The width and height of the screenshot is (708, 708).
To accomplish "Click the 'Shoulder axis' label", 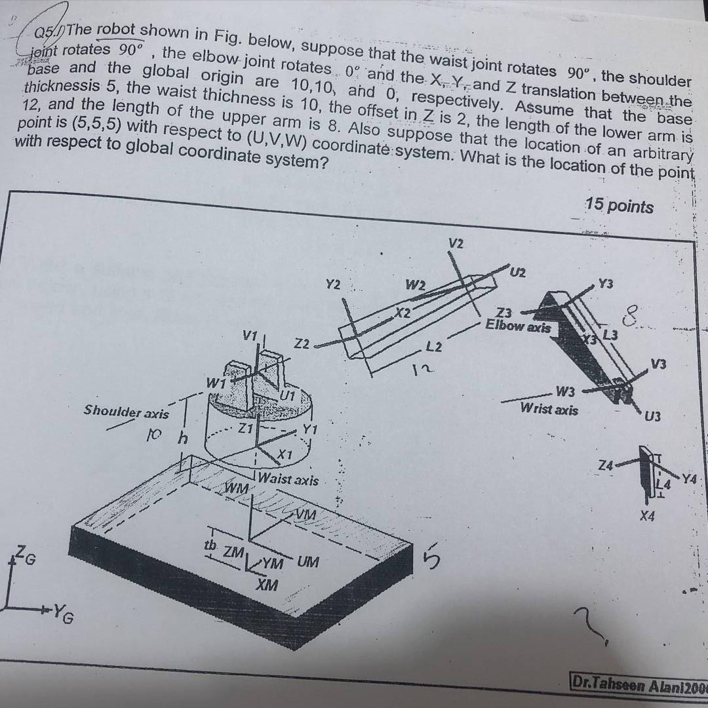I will click(x=126, y=412).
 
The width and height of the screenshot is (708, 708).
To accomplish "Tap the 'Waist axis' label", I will click(x=288, y=479).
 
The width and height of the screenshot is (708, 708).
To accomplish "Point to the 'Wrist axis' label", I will click(x=549, y=409).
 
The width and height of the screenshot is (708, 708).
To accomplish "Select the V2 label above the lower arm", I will click(x=456, y=244).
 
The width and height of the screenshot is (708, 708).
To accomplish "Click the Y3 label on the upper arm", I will click(x=606, y=283).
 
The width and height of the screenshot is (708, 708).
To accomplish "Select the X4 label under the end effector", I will click(x=648, y=518).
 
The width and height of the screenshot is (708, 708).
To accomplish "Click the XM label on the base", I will click(x=267, y=584).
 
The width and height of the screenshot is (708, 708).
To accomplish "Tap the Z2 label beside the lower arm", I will click(x=303, y=343).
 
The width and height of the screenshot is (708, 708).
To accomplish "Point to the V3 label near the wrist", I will click(x=659, y=364).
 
